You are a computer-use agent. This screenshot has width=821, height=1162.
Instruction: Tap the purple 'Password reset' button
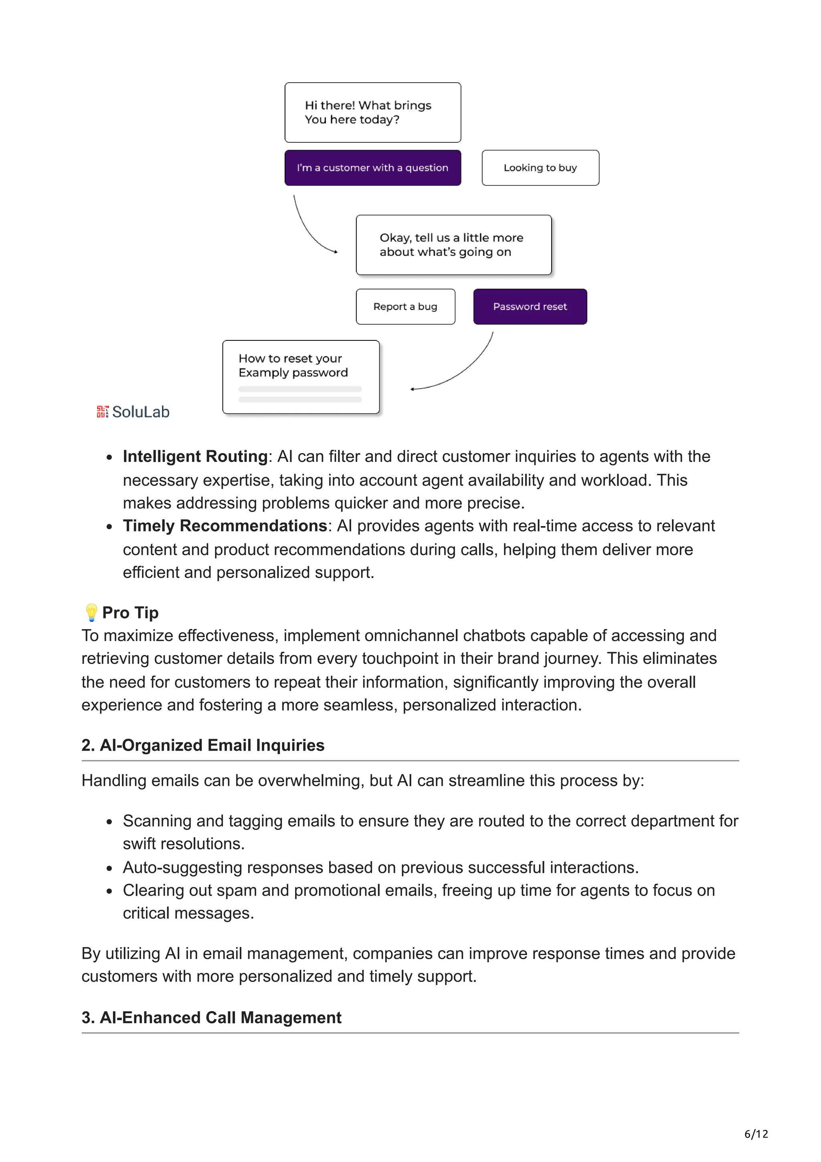pos(530,306)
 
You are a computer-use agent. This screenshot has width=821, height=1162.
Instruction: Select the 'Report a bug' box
pos(405,306)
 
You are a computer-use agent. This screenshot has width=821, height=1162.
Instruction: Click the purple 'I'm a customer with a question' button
pos(372,168)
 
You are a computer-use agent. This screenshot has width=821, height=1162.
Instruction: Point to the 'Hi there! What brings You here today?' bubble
pos(372,112)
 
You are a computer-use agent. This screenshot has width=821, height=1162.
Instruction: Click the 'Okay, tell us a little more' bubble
pos(453,245)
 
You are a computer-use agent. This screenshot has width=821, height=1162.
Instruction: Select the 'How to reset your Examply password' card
pos(301,377)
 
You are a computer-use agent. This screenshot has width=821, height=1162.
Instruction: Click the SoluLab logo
pos(133,411)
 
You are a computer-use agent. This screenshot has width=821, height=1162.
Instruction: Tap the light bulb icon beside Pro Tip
pos(91,612)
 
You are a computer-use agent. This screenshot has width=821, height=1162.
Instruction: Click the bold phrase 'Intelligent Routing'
pos(195,456)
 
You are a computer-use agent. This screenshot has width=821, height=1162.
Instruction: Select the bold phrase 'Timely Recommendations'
pos(224,526)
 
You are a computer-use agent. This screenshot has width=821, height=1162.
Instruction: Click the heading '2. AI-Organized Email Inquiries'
pos(203,745)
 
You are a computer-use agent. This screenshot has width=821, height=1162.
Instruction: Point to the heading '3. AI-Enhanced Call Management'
pos(211,1017)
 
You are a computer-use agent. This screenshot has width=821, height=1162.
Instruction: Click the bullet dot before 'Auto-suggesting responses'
pos(109,868)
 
